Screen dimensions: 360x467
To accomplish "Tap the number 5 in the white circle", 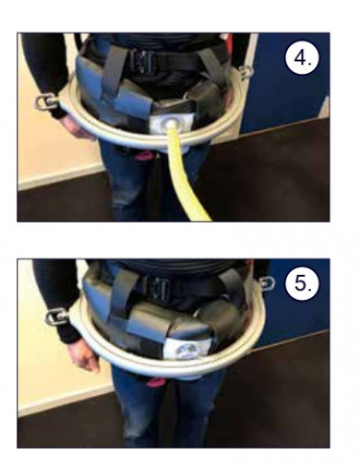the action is coord(301,282).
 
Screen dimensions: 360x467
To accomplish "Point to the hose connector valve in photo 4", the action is coord(170,124).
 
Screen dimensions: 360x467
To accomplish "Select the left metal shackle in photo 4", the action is coord(46,102).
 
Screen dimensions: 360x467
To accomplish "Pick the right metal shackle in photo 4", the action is coord(246,73).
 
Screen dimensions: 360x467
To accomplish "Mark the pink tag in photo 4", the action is coord(143,155).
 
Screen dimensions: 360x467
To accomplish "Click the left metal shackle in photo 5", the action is coord(57,317).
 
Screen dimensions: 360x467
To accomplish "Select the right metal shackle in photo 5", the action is coord(267,283).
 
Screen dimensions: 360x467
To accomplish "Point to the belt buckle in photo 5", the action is coord(158,288).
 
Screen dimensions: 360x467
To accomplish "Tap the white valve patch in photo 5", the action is coord(184,349).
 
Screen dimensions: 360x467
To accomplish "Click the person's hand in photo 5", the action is coord(85,355).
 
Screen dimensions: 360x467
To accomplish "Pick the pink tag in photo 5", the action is coord(155,382).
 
